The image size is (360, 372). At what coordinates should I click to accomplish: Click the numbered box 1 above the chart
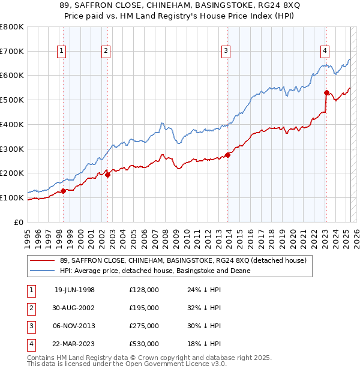click(62, 52)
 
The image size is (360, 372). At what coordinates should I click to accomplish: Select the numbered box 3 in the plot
click(226, 52)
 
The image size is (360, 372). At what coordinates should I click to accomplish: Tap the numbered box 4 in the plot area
click(324, 52)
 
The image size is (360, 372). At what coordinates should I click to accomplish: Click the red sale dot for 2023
click(326, 92)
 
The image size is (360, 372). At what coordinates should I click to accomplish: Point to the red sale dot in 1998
click(63, 191)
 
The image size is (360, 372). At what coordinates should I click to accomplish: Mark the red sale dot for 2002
click(107, 175)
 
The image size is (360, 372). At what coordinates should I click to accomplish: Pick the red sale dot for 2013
click(228, 155)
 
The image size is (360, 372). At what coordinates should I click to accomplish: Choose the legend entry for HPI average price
click(154, 271)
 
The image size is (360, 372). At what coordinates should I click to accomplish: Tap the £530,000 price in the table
click(144, 344)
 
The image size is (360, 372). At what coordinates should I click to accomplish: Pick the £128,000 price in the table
click(144, 290)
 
